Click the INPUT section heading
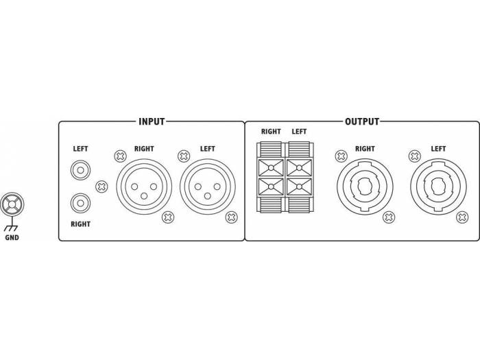(x=152, y=121)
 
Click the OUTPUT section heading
(x=362, y=121)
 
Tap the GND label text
(x=12, y=237)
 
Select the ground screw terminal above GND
(x=12, y=204)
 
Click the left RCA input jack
(x=80, y=170)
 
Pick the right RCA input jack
(x=80, y=203)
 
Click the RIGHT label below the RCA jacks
(x=80, y=224)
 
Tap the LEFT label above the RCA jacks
(x=80, y=149)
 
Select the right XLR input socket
(x=144, y=187)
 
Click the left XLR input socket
(x=208, y=187)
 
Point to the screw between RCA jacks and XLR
(x=101, y=187)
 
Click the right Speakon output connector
(x=365, y=187)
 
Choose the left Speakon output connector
(x=438, y=187)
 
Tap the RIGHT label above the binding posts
(x=271, y=132)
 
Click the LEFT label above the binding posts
(x=299, y=132)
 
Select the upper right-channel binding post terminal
(x=271, y=168)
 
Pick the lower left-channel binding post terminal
(x=299, y=187)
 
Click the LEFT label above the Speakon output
(x=438, y=149)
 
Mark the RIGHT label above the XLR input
(x=144, y=149)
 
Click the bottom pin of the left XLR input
(x=208, y=196)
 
